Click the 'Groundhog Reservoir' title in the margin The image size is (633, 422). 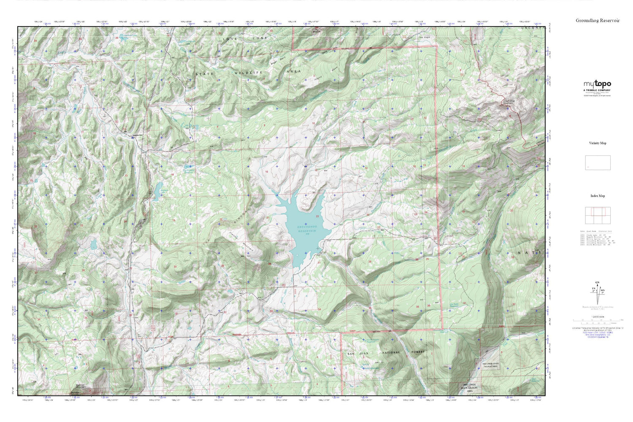click(598, 20)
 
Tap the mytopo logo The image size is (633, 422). click(597, 84)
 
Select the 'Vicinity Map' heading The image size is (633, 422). click(598, 143)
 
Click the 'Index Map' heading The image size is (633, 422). click(598, 196)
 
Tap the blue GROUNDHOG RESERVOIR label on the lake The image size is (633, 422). click(306, 229)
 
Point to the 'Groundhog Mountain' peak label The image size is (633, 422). click(509, 102)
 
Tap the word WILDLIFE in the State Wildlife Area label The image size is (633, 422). click(249, 73)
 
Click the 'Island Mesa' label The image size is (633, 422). click(322, 79)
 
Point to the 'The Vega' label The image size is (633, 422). click(424, 38)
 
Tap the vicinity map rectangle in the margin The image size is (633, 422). click(598, 162)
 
